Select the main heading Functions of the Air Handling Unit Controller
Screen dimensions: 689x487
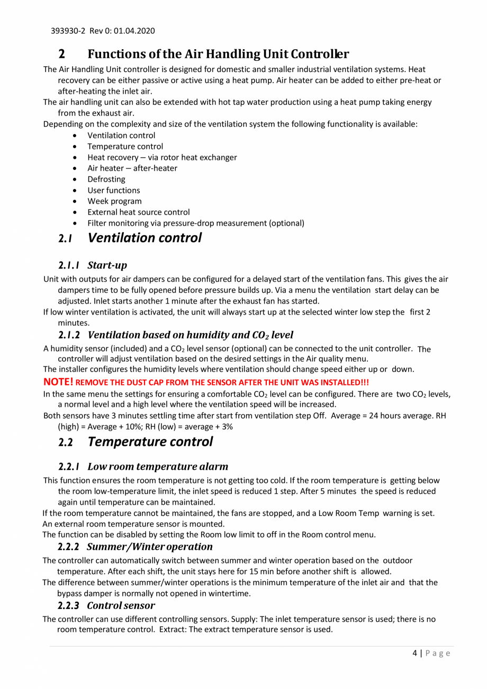pyautogui.click(x=218, y=54)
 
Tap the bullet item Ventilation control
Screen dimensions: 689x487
pyautogui.click(x=121, y=136)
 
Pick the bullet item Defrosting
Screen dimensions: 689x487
pyautogui.click(x=106, y=179)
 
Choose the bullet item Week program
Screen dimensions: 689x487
pyautogui.click(x=114, y=201)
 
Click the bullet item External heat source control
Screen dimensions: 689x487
pyautogui.click(x=139, y=212)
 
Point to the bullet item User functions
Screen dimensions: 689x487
pyautogui.click(x=114, y=190)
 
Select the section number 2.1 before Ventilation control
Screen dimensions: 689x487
pyautogui.click(x=65, y=238)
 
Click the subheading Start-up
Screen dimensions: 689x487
pyautogui.click(x=107, y=265)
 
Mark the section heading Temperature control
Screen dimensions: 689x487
pyautogui.click(x=150, y=442)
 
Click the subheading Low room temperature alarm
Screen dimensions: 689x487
pyautogui.click(x=158, y=467)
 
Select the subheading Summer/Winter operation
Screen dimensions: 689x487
pyautogui.click(x=150, y=546)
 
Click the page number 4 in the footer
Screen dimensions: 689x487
pyautogui.click(x=414, y=653)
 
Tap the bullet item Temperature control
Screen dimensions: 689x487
pyautogui.click(x=125, y=146)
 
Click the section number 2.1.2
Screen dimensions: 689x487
pyautogui.click(x=69, y=335)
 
